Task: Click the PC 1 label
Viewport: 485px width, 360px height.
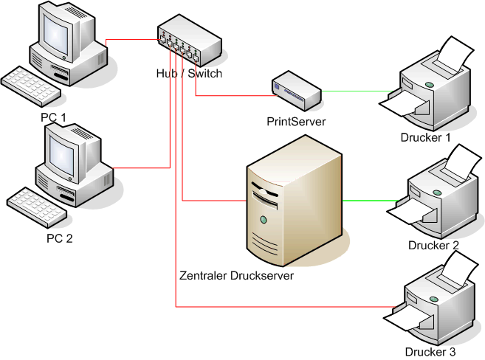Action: [53, 117]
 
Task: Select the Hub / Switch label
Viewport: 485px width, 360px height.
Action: [189, 74]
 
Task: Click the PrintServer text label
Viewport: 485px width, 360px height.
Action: [296, 120]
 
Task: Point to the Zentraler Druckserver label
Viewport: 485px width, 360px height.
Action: [236, 276]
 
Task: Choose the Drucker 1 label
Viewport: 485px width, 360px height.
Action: [424, 137]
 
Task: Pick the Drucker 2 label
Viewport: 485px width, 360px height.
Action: [433, 245]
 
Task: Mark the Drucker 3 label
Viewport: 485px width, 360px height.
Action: [431, 352]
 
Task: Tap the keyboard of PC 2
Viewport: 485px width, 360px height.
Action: [37, 202]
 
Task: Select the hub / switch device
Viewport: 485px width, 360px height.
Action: [188, 44]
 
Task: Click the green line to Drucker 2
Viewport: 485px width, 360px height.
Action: [369, 200]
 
